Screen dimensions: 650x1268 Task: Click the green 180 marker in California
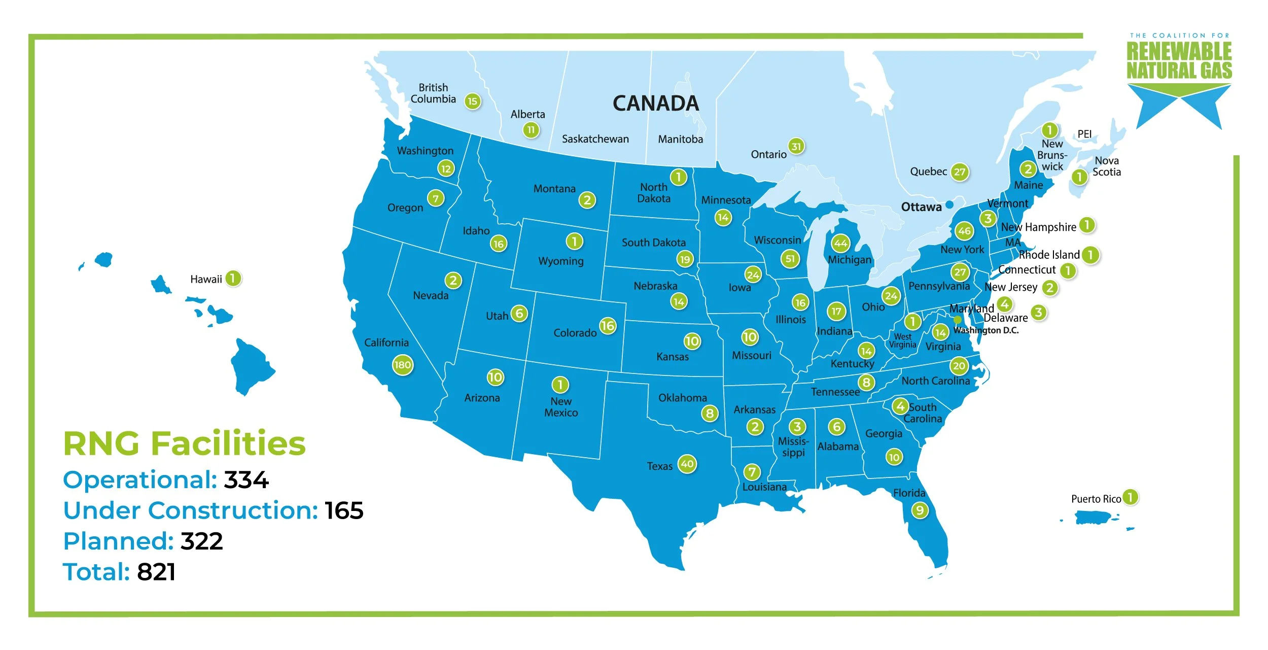[402, 365]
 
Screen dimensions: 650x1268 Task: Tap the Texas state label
[659, 466]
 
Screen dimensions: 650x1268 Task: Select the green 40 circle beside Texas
[687, 464]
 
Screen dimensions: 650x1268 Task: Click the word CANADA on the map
[655, 104]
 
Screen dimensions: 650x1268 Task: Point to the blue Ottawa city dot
[949, 204]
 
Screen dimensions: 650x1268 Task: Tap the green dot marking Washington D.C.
[957, 320]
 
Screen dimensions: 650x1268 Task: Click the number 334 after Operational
[246, 480]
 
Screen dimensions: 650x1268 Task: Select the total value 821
[156, 572]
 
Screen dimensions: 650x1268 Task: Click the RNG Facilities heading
[184, 443]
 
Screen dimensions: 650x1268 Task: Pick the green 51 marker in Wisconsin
[790, 259]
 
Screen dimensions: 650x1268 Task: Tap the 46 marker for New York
[964, 231]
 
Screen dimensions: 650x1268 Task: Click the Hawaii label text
[206, 279]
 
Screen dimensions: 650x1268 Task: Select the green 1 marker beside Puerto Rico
[1131, 497]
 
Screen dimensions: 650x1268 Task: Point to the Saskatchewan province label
[595, 139]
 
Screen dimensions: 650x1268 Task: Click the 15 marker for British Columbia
[472, 101]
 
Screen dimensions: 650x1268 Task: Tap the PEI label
[1084, 134]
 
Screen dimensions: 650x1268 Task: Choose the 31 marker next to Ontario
[796, 147]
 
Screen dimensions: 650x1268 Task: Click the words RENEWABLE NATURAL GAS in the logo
[1179, 61]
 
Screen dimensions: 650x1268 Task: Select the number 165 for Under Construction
[344, 510]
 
